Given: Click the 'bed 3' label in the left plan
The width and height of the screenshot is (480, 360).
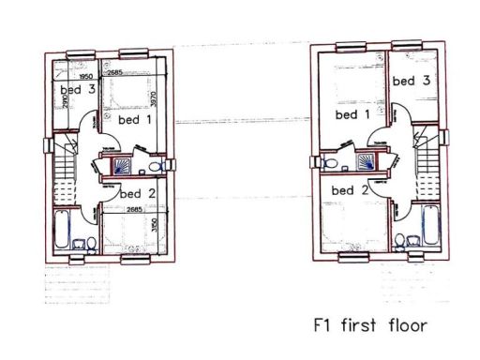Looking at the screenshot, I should (x=78, y=90).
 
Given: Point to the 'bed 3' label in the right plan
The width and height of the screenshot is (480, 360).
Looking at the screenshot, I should (x=411, y=81).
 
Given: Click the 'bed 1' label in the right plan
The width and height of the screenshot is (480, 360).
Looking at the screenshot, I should (x=352, y=114).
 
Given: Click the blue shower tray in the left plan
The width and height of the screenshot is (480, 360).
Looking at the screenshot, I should (x=122, y=167).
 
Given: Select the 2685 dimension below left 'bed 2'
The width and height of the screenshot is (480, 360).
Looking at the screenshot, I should (x=133, y=209).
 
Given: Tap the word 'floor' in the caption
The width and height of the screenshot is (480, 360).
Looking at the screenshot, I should (x=407, y=326).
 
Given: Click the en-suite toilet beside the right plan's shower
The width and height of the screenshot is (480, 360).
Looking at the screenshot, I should (x=329, y=162).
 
